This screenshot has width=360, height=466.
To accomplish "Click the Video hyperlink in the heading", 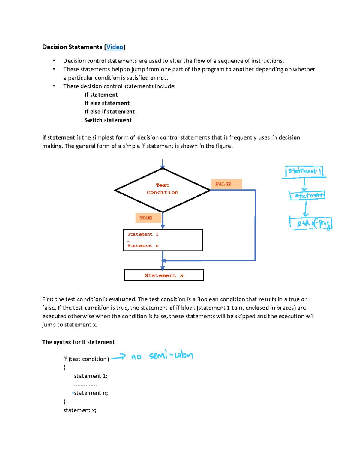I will coord(115,47).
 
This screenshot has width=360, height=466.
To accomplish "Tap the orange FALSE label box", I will coord(226,184).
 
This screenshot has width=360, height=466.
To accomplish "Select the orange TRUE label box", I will coord(148,218).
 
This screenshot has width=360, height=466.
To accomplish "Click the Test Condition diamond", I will coord(163,190).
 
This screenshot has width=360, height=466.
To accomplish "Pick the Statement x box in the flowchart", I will coord(164,275).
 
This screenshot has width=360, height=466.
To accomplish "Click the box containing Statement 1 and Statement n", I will coord(163,240).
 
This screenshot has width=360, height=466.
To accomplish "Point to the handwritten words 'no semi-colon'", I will coord(162,356).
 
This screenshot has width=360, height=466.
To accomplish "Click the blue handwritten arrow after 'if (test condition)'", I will coord(118,357).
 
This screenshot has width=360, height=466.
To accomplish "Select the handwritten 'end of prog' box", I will coord(311,223).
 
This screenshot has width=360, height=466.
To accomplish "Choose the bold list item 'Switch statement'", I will coord(108,120).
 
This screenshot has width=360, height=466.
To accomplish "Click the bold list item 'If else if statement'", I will coord(109,112).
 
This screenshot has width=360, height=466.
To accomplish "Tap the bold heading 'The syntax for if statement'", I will coord(79,342).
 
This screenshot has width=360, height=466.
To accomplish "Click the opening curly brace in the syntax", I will coord(64,367).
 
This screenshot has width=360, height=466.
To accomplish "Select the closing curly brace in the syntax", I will coord(64,401).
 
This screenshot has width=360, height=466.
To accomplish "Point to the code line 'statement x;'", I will coord(80,410).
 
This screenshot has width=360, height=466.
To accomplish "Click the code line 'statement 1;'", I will coord(91,376).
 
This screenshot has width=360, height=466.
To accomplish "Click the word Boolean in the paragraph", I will coord(208,299).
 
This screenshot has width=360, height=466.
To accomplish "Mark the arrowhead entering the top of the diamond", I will coord(163,166).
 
